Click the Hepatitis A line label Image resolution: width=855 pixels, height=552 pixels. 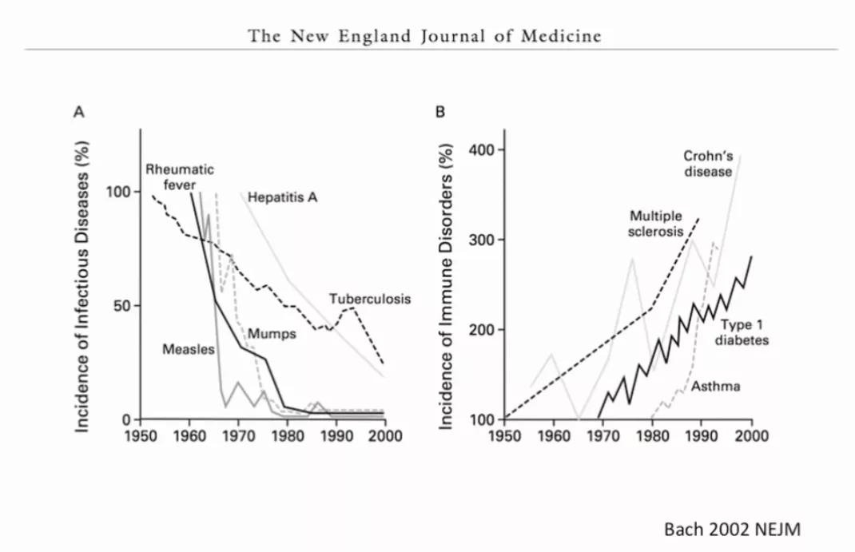[x=283, y=196]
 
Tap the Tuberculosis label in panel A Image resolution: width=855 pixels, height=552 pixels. [x=369, y=299]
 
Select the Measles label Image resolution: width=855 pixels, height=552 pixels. [x=185, y=349]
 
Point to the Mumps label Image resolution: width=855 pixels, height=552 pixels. [x=272, y=332]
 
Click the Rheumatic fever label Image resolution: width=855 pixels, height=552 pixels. [x=179, y=177]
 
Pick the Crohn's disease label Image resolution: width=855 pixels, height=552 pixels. [x=707, y=163]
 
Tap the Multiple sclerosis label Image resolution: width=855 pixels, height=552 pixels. [x=656, y=224]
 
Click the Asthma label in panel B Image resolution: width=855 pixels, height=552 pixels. [x=715, y=386]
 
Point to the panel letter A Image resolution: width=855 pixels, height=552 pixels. [x=79, y=113]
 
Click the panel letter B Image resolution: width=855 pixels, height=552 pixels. [x=439, y=113]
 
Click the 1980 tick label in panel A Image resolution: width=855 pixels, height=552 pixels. [x=288, y=436]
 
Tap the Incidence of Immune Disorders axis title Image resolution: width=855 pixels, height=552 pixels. [x=449, y=289]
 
